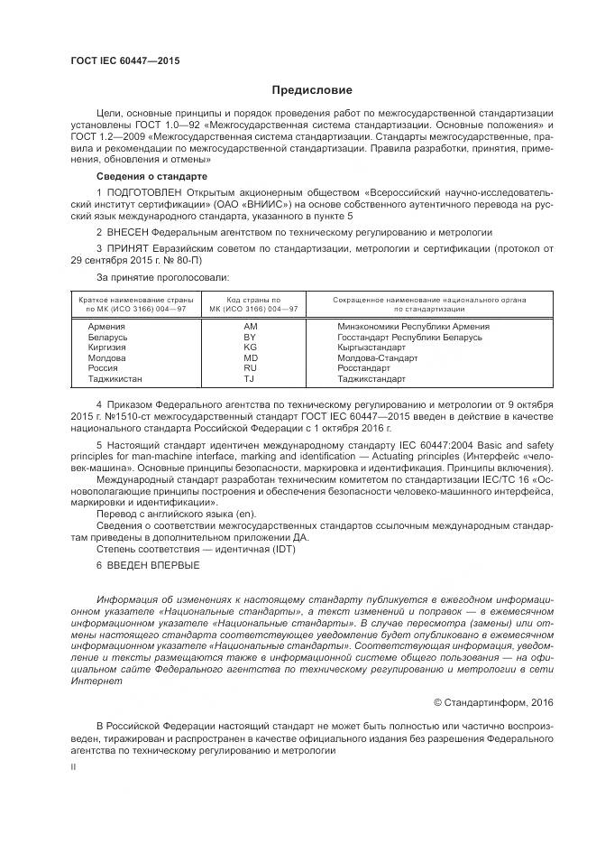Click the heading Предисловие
[312, 90]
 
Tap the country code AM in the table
[251, 327]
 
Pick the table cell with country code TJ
[251, 379]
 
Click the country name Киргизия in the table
[106, 348]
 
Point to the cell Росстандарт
[363, 368]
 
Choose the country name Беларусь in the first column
[107, 338]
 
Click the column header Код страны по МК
[252, 304]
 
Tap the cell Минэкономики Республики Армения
[413, 327]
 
